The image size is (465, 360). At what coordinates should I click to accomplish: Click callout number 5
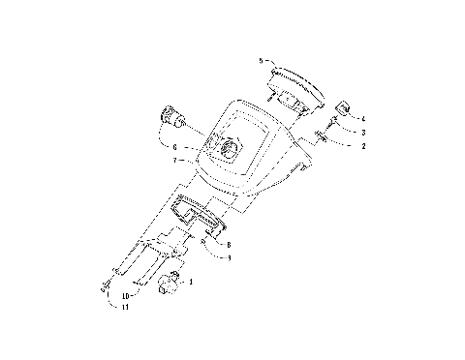pos(261,60)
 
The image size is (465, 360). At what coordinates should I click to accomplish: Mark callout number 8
pos(228,245)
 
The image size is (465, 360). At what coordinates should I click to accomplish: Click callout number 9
pos(228,257)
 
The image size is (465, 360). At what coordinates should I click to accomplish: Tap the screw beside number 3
pos(333,122)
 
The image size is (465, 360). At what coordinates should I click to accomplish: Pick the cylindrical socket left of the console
pos(174,119)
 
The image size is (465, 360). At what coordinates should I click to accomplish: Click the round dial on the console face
pos(231,148)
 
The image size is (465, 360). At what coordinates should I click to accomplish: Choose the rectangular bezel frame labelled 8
pos(199,214)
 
